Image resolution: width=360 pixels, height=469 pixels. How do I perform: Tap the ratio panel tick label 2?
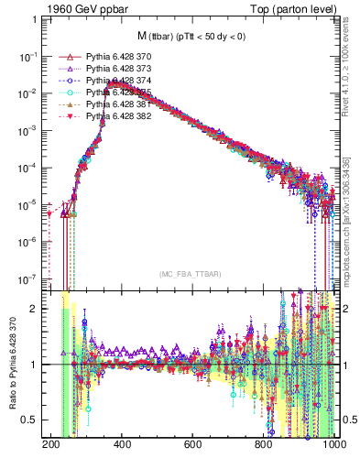pyautogui.click(x=36, y=309)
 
